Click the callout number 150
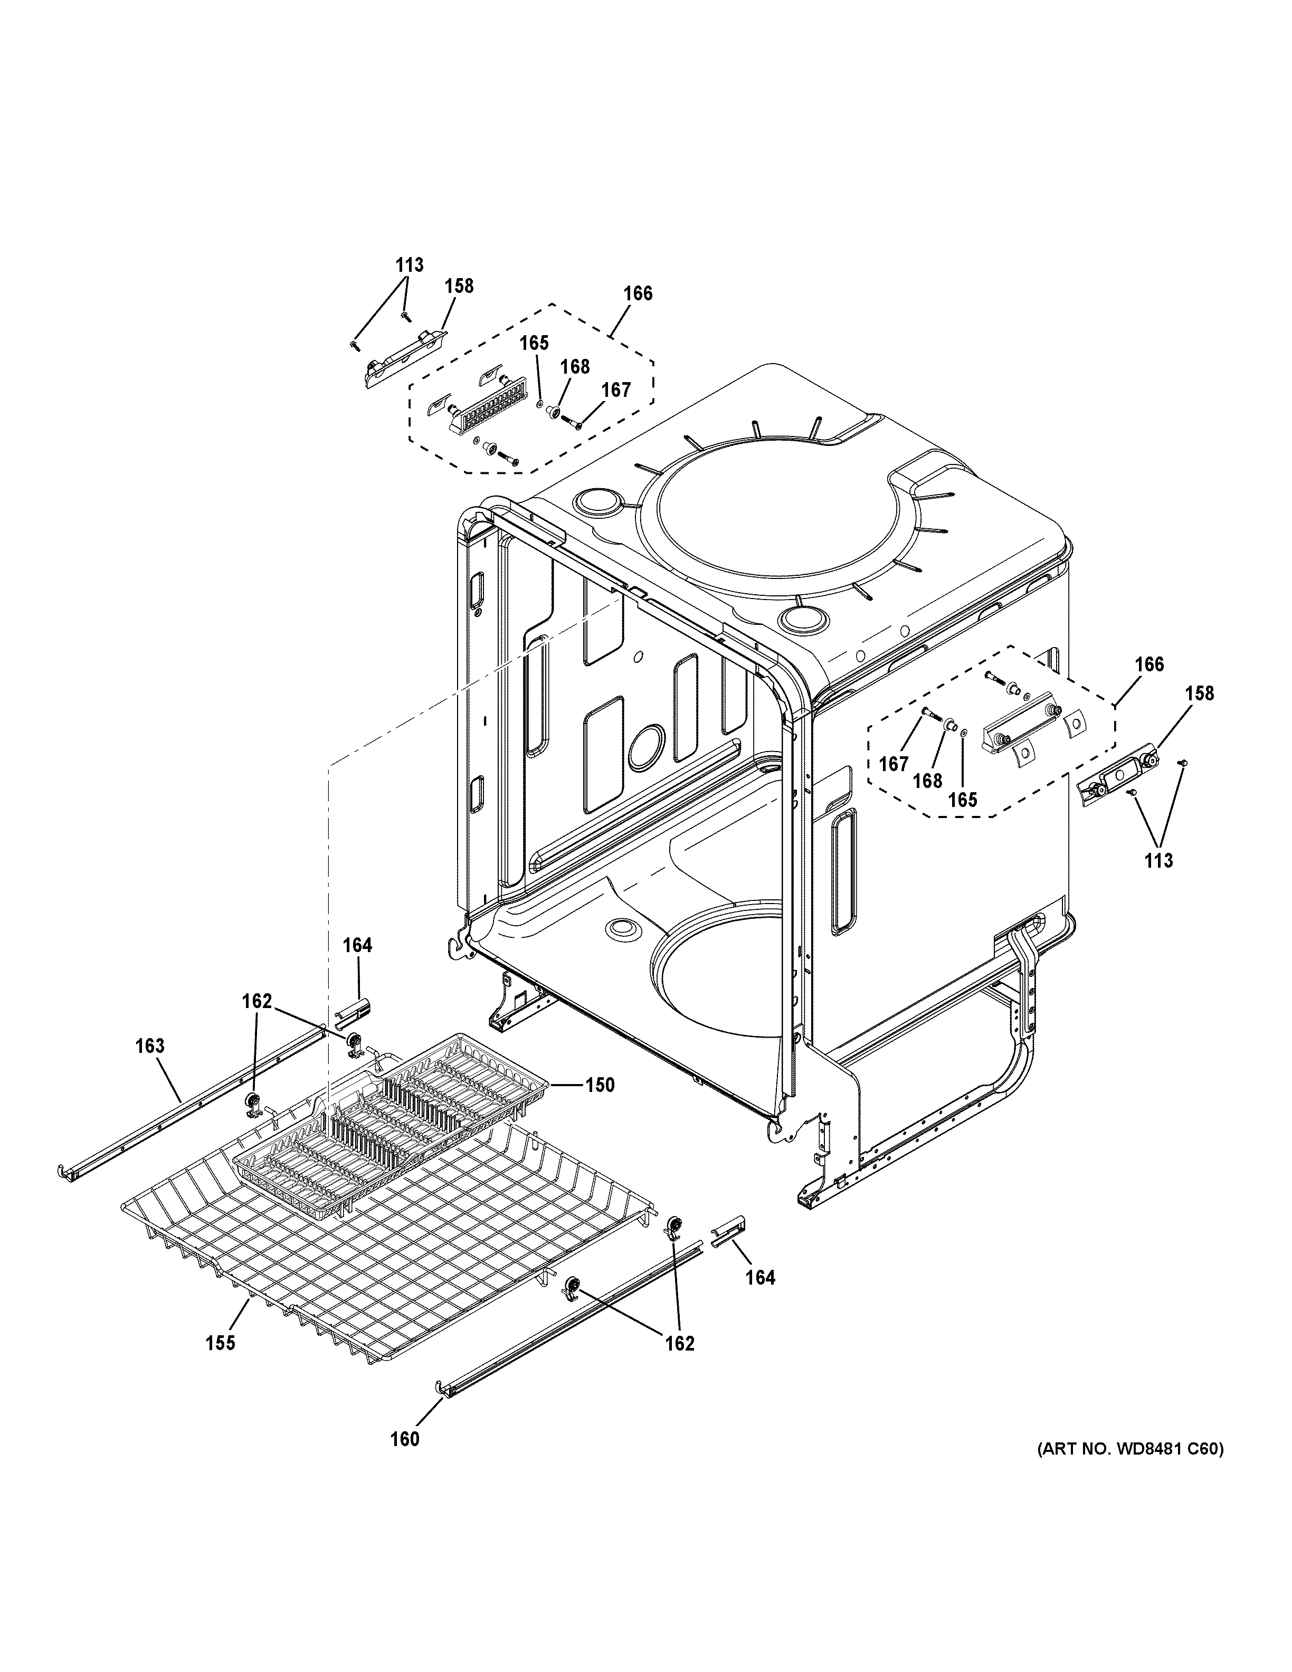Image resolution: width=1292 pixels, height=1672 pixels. coord(600,1085)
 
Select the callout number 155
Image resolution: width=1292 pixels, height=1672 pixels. coord(221,1342)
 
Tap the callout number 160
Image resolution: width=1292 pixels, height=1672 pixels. coord(405,1439)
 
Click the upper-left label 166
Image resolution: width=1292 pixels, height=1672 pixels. coord(638,293)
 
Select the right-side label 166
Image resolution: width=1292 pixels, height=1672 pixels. coord(1149,664)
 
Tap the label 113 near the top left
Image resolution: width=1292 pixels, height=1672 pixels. coord(410,265)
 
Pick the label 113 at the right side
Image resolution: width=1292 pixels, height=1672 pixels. coord(1158,860)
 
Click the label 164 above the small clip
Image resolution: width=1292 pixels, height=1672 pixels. coord(357,945)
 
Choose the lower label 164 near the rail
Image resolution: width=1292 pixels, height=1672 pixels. coord(760,1277)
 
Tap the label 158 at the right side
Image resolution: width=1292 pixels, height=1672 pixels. coord(1200,693)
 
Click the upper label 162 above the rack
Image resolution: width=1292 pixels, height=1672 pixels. coord(257,1001)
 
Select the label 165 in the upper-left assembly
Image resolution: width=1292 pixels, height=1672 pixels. coord(534,343)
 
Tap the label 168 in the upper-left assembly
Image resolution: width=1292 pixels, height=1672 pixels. coord(575,367)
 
